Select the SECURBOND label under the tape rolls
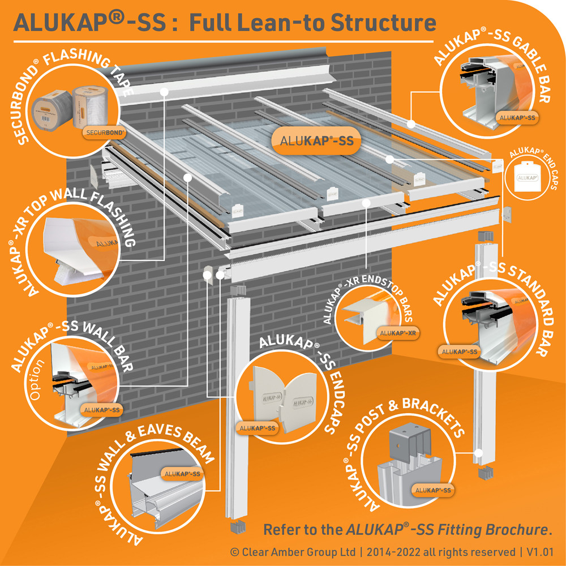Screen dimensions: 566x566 105,132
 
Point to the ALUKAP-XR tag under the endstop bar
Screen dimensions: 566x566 398,333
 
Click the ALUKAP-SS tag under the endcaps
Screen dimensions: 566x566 256,428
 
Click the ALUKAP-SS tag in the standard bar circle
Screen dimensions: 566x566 458,351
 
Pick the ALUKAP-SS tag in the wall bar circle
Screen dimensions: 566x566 101,410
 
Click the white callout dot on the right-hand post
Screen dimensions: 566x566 478,453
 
